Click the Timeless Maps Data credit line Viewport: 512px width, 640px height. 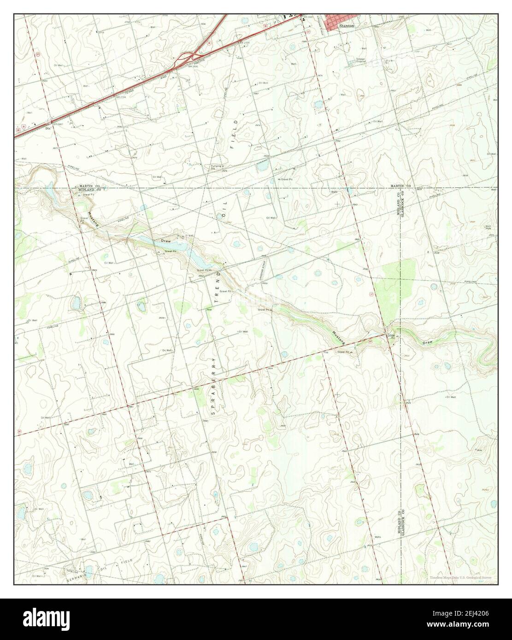[x=461, y=578]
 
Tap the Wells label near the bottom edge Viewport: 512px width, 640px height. [x=364, y=537]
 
